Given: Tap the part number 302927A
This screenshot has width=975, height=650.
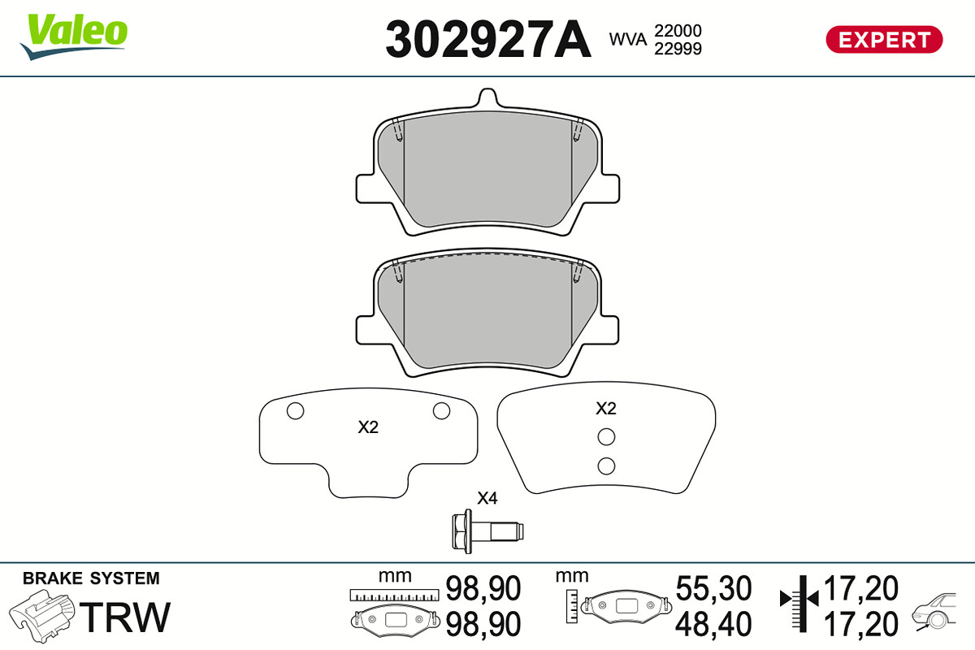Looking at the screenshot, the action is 488,40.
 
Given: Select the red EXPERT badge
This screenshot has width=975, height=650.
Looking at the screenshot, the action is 884,40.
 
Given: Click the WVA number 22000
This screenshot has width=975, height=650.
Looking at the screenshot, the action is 678,31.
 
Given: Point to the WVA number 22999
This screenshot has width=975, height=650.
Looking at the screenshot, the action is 678,49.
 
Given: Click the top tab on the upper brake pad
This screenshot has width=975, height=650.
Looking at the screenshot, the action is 487,97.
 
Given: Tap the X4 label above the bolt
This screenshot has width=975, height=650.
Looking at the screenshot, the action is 487,498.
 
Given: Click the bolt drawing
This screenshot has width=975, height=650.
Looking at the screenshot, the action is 487,531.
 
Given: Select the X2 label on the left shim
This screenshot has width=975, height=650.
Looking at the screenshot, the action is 368,427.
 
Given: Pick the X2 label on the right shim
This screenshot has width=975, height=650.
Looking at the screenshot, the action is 606,409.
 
